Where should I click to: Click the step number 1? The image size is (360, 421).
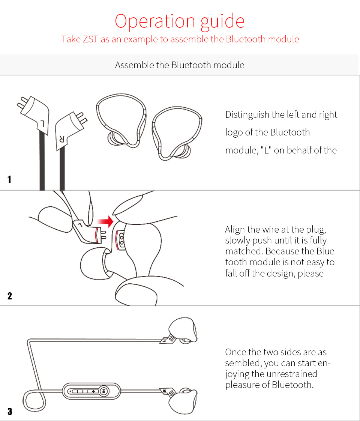tap(9, 179)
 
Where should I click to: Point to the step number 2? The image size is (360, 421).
tap(10, 296)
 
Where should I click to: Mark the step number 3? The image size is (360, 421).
tap(10, 412)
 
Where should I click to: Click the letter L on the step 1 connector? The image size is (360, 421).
tap(42, 123)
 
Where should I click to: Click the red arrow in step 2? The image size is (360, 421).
tap(105, 221)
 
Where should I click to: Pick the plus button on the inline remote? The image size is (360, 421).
tap(93, 391)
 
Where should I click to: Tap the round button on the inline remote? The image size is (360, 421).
tap(104, 391)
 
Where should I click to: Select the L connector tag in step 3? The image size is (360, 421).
tap(167, 340)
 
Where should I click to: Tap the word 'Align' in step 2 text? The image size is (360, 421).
tap(235, 230)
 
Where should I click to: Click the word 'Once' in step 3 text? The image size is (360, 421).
tap(235, 352)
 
